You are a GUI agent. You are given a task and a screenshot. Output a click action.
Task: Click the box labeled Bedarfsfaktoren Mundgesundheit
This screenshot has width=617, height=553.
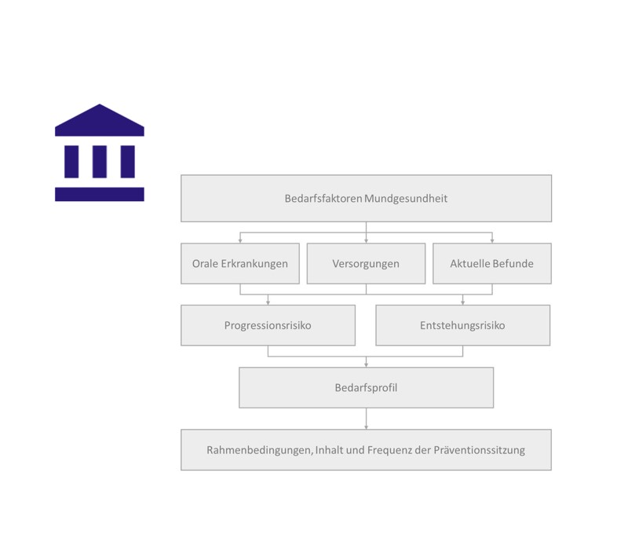pos(366,198)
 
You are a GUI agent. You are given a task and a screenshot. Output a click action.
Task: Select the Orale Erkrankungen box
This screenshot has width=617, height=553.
pos(239,263)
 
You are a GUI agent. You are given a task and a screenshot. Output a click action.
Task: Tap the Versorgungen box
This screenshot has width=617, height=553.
pos(366,263)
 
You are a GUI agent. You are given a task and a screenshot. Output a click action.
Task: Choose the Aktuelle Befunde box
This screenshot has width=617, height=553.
pos(491,263)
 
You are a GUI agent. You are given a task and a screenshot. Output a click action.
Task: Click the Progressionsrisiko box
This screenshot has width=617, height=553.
pos(268,325)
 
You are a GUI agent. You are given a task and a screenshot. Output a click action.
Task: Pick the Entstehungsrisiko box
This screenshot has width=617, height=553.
pos(462,325)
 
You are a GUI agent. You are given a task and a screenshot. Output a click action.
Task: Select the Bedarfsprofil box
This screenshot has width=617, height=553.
pos(366,387)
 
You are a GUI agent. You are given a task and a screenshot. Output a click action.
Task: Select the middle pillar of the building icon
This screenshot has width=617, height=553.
pos(100,161)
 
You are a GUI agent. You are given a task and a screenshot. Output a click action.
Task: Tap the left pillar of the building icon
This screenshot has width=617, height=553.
pos(71,161)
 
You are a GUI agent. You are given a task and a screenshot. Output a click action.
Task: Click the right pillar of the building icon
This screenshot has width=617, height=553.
pos(127,161)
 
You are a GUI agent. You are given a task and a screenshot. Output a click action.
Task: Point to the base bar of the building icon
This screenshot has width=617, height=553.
pos(100,194)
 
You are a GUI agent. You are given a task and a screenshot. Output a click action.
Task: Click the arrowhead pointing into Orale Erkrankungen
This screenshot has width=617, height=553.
pos(239,240)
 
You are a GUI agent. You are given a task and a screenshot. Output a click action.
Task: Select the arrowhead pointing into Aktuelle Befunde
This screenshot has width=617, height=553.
pos(491,240)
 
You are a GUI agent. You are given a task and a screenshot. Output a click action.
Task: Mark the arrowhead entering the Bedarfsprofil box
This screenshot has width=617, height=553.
pos(366,364)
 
